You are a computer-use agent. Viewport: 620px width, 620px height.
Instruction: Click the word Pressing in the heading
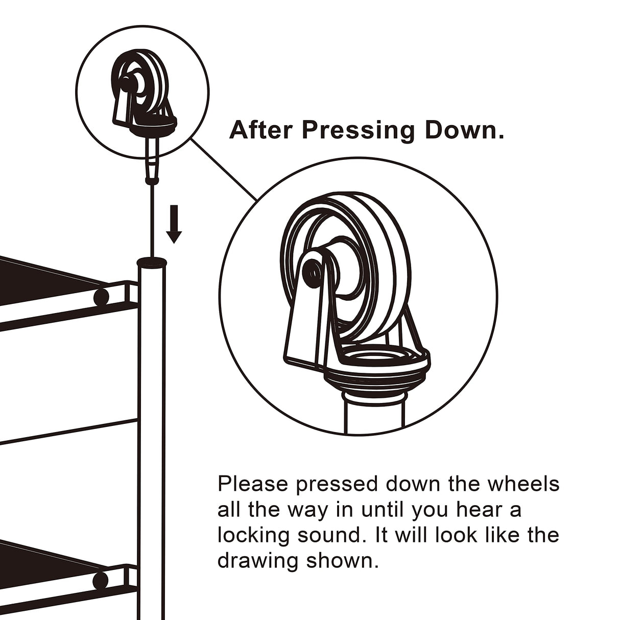358,131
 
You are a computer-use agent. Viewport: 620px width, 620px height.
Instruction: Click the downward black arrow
174,224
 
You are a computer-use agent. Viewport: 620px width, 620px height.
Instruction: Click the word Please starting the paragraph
252,492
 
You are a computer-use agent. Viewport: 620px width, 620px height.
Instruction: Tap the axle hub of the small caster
127,84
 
